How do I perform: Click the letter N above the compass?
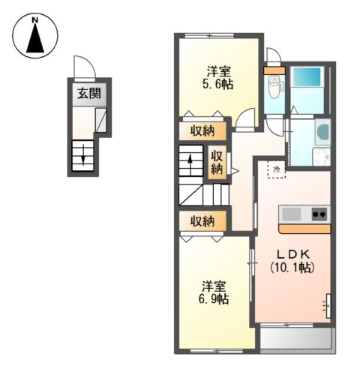(x=35, y=20)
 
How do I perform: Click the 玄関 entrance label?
(x=89, y=94)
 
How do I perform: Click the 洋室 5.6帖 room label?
(x=218, y=78)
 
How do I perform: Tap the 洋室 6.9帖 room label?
(x=214, y=292)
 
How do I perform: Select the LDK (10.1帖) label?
(x=292, y=261)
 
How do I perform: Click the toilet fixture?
(x=274, y=86)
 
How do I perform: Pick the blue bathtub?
(x=307, y=77)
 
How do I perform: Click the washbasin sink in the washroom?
(x=322, y=131)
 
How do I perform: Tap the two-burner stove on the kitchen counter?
(x=319, y=214)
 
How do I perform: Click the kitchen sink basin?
(x=291, y=214)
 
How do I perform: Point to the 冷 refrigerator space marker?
(x=277, y=169)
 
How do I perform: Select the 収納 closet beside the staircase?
(x=217, y=163)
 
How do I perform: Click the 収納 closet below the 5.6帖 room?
(x=202, y=131)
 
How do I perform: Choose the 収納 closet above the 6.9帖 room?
(x=202, y=221)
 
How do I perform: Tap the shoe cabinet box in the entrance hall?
(x=101, y=120)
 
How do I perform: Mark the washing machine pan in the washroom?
(x=322, y=157)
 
